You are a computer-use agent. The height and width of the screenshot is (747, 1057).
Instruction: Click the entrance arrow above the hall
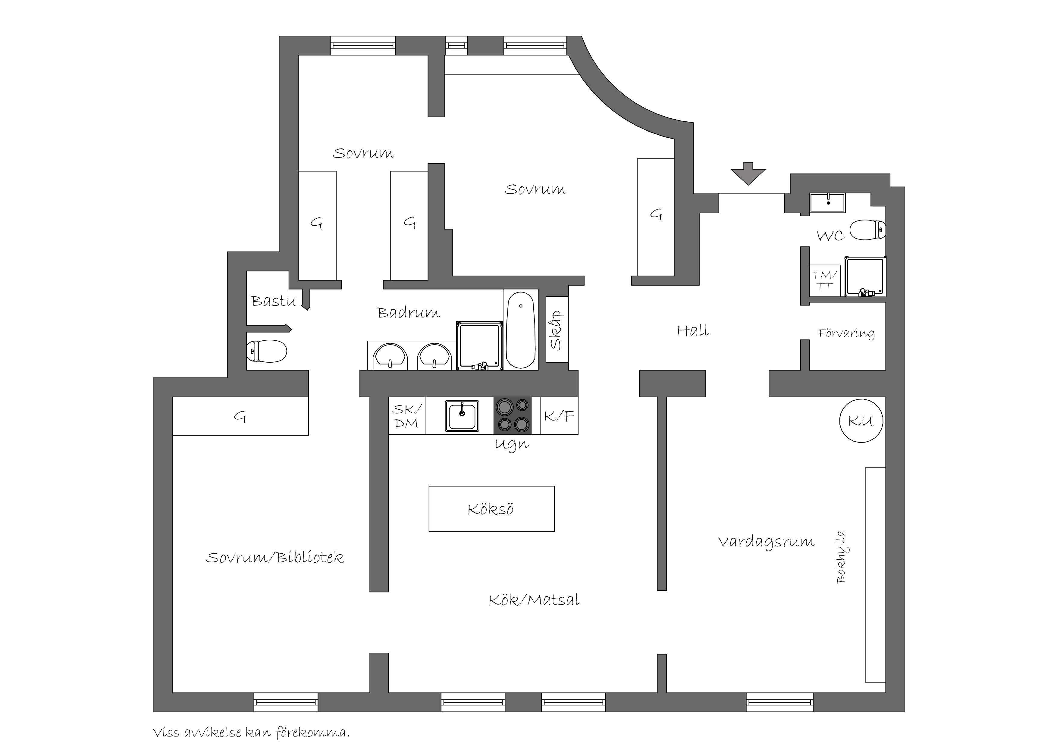click(x=748, y=173)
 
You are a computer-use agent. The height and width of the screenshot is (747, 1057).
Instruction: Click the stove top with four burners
click(x=513, y=416)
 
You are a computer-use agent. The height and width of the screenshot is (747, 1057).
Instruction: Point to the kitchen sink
click(x=462, y=416)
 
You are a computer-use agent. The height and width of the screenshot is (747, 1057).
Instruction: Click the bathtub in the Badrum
click(x=520, y=330)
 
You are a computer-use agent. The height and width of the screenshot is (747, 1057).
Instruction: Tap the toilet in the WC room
click(x=868, y=230)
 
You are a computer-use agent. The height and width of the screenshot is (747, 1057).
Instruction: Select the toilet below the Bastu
click(x=267, y=351)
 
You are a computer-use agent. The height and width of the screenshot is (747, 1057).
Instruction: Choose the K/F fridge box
click(x=559, y=416)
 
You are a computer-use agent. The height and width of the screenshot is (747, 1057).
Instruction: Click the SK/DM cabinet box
click(x=407, y=416)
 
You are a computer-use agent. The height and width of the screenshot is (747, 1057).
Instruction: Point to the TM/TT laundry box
click(x=825, y=281)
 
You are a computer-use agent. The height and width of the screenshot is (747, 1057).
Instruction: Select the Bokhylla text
click(x=841, y=557)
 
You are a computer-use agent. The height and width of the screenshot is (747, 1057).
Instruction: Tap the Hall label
click(x=693, y=330)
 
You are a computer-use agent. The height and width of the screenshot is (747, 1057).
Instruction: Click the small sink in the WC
click(x=827, y=202)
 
